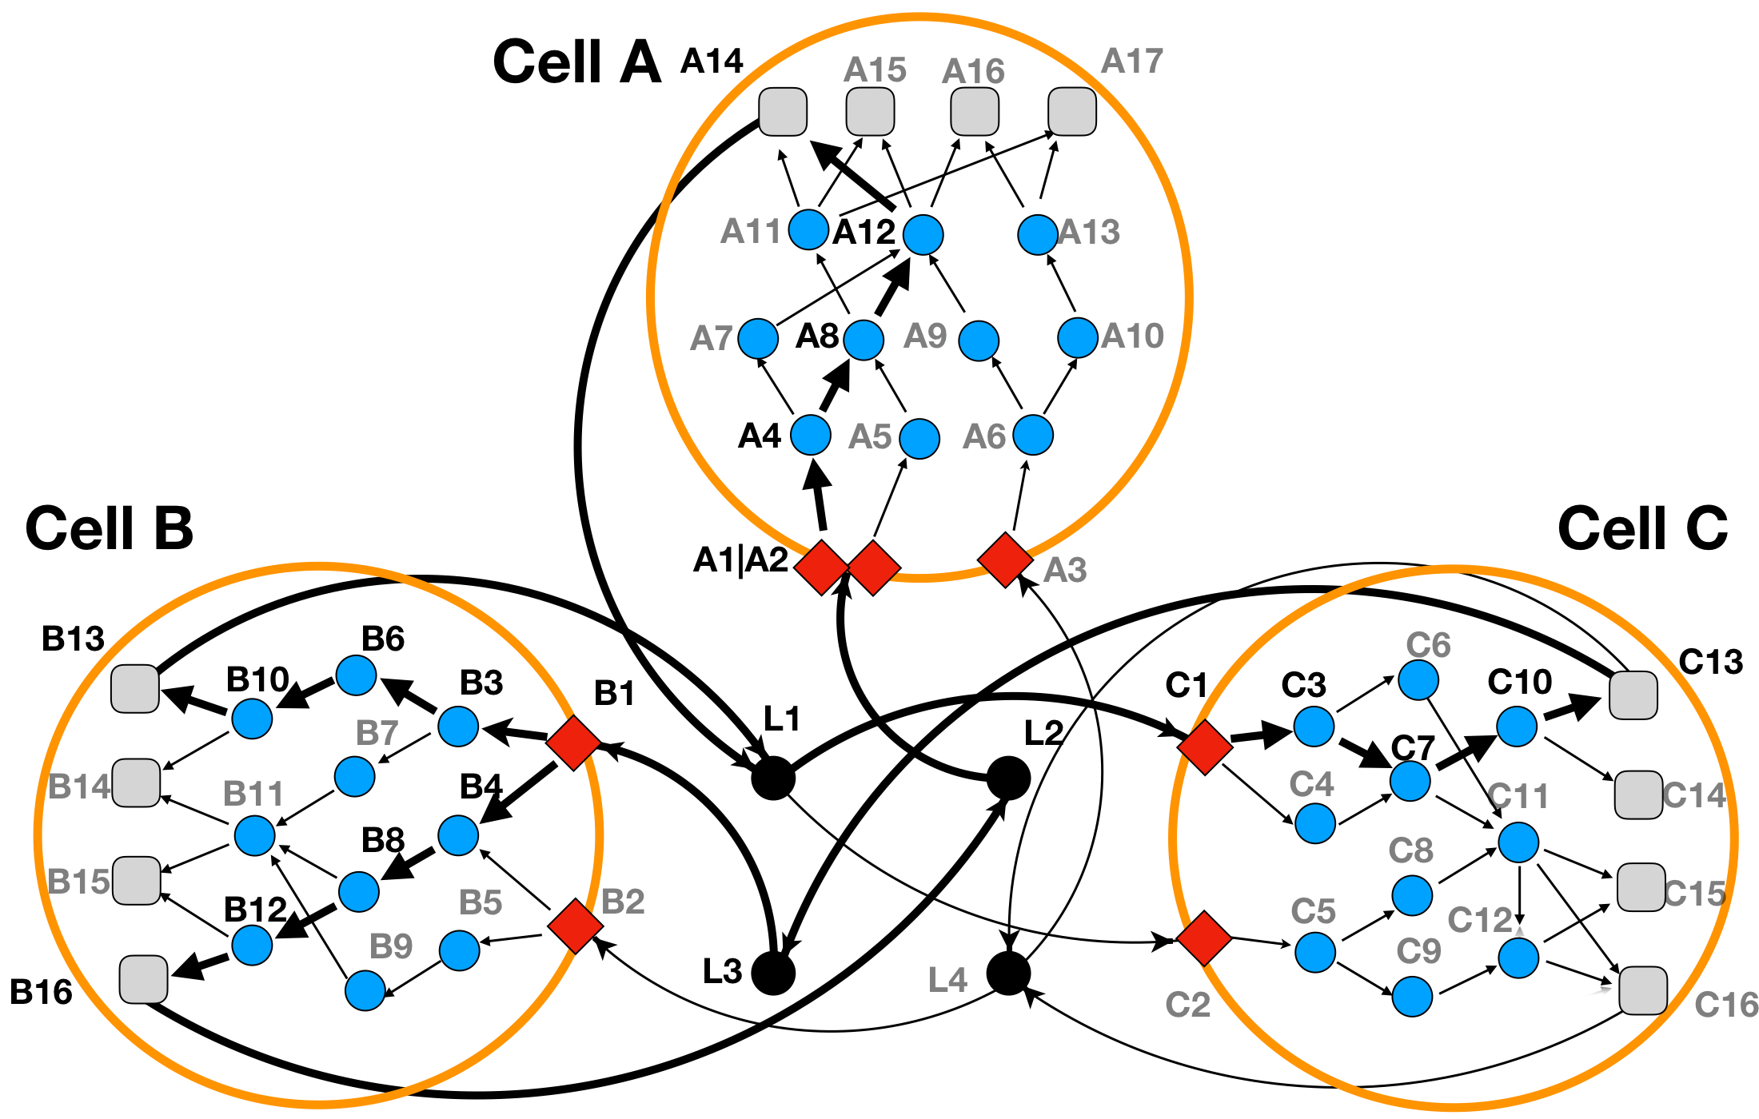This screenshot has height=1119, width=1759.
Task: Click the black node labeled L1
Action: pyautogui.click(x=773, y=778)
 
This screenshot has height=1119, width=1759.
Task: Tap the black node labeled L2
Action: pyautogui.click(x=1008, y=778)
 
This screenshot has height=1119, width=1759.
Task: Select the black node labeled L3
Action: pyautogui.click(x=773, y=974)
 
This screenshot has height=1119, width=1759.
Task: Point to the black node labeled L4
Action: pyautogui.click(x=1008, y=974)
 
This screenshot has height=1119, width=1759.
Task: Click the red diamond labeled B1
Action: pyautogui.click(x=573, y=743)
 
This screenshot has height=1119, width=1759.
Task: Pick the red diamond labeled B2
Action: pyautogui.click(x=576, y=926)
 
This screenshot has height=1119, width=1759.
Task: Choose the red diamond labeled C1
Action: pyautogui.click(x=1205, y=746)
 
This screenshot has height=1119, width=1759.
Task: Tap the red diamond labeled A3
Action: pyautogui.click(x=1005, y=559)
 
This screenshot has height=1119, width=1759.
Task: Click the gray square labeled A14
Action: pyautogui.click(x=783, y=111)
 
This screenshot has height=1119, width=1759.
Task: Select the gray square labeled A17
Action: pyautogui.click(x=1072, y=111)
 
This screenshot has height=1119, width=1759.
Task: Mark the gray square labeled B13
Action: pyautogui.click(x=135, y=688)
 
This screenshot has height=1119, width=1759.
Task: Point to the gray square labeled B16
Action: pyautogui.click(x=144, y=979)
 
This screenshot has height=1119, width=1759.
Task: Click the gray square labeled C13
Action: pyautogui.click(x=1633, y=695)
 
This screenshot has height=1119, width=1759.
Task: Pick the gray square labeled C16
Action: pyautogui.click(x=1643, y=990)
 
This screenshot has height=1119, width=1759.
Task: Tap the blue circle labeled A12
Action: pyautogui.click(x=923, y=234)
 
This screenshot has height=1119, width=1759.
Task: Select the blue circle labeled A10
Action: pyautogui.click(x=1077, y=337)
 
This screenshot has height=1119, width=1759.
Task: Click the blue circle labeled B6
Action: pyautogui.click(x=357, y=676)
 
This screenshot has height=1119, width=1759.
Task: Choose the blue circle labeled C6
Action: pyautogui.click(x=1418, y=680)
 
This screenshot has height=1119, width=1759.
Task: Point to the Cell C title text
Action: pyautogui.click(x=1642, y=528)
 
